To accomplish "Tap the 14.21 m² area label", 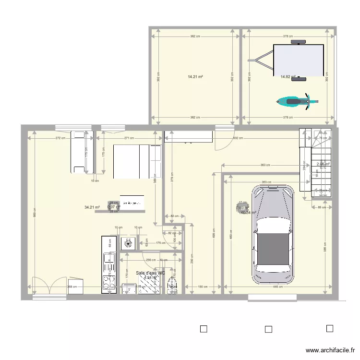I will (x=195, y=76).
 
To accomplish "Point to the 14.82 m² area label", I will (x=287, y=76).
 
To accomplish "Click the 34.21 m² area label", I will (x=92, y=207).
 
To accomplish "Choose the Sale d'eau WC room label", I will (x=151, y=273).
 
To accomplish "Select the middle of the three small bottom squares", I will (x=268, y=329).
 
